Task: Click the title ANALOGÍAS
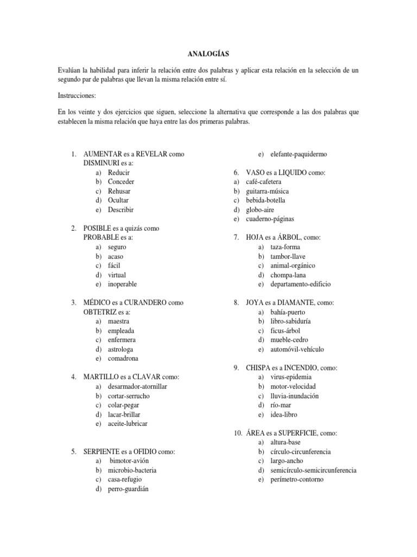[x=208, y=54]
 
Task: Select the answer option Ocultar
[x=118, y=200]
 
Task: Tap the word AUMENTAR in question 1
[x=102, y=154]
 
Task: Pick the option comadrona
[x=123, y=358]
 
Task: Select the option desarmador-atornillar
[x=137, y=386]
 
